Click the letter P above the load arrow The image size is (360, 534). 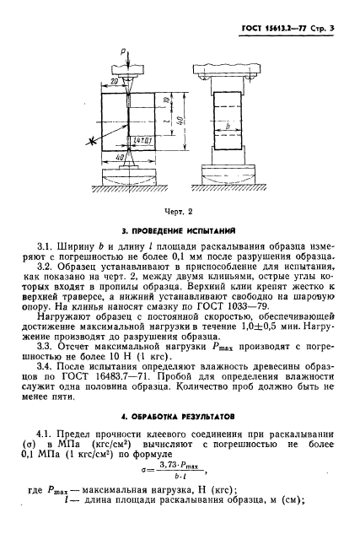click(x=123, y=51)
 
